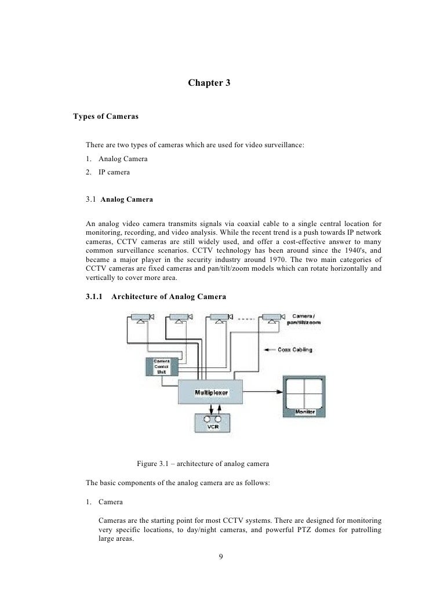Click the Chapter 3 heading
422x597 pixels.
click(x=209, y=83)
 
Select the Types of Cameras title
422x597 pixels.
click(x=106, y=117)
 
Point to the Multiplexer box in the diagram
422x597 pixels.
click(x=207, y=392)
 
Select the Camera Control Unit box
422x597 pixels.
click(x=161, y=366)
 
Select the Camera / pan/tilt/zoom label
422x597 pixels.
click(x=304, y=319)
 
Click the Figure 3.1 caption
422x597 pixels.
click(x=202, y=464)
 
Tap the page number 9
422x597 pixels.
click(x=220, y=558)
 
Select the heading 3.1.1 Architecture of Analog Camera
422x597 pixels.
click(x=156, y=297)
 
